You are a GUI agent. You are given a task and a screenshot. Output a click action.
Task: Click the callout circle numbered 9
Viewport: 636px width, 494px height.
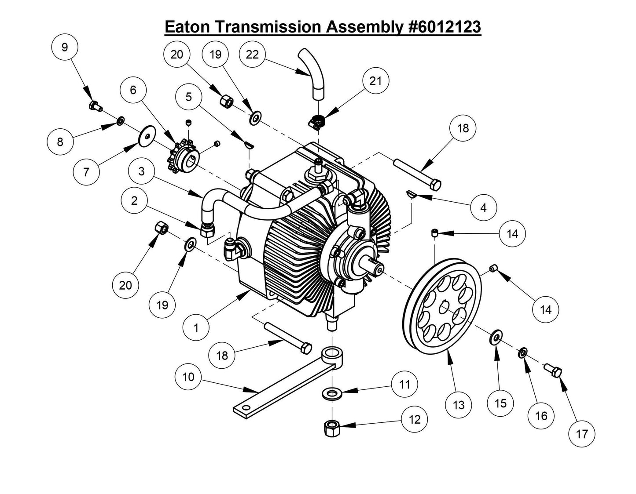pos(65,47)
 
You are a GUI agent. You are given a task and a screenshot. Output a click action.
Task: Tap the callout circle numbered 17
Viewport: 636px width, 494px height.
pos(582,434)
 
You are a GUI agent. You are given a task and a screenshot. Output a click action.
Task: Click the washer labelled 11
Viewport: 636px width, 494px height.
pos(331,392)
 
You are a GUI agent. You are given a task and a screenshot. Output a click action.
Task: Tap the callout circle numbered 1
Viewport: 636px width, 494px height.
pos(196,327)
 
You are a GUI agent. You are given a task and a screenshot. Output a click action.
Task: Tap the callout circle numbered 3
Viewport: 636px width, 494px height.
pos(141,171)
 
